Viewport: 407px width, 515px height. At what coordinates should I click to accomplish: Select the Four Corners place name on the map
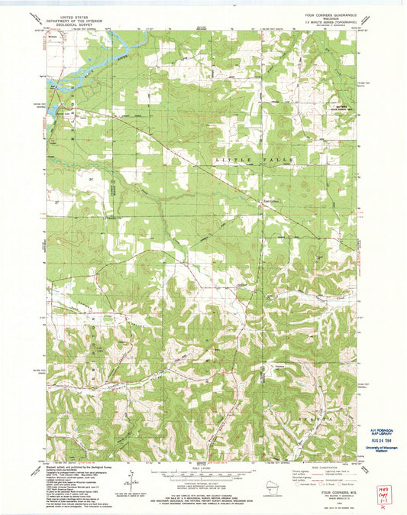coord(263,201)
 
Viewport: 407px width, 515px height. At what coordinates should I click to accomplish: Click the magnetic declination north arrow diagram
coord(135,478)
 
